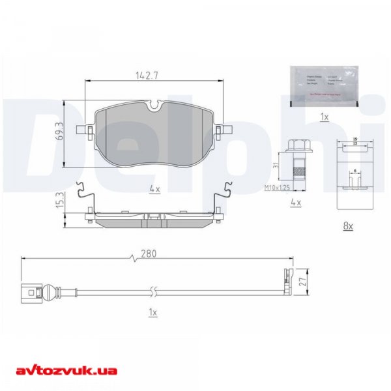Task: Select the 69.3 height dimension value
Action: coord(59,133)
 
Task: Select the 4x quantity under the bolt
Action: coord(295,203)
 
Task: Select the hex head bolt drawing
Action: coord(295,160)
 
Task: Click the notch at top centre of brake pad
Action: coord(154,104)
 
